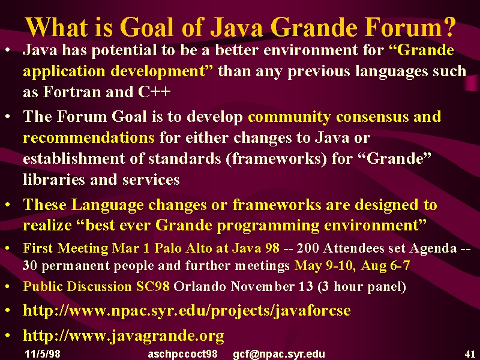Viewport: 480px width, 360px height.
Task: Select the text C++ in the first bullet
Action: (154, 91)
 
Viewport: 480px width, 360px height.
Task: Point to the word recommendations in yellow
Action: (89, 137)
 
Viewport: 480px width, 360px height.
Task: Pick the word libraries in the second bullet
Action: (54, 179)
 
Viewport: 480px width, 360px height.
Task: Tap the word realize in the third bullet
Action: (47, 226)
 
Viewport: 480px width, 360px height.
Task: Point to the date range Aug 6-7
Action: (385, 265)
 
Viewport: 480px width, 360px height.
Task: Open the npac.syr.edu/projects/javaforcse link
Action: (187, 311)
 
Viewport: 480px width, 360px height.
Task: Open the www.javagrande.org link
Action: (124, 336)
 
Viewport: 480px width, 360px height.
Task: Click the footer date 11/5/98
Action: (43, 354)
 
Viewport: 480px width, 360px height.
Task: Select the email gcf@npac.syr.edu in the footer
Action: (279, 354)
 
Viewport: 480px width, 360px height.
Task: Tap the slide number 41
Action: (470, 354)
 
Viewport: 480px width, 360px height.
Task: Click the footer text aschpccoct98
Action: (183, 354)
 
